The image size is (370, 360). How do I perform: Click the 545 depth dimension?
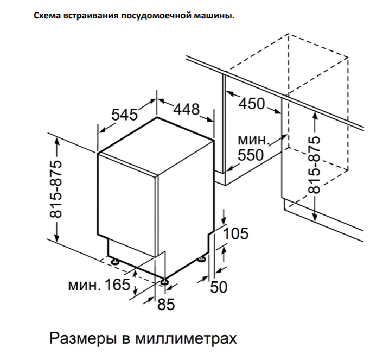pyautogui.click(x=124, y=115)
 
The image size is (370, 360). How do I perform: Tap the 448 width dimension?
pyautogui.click(x=187, y=109)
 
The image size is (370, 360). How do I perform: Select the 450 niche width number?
pyautogui.click(x=252, y=104)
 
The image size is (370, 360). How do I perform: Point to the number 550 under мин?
pyautogui.click(x=250, y=155)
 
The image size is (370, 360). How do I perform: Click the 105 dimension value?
pyautogui.click(x=235, y=233)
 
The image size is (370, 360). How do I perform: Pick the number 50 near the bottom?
pyautogui.click(x=219, y=287)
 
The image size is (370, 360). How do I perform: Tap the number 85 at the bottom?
pyautogui.click(x=166, y=304)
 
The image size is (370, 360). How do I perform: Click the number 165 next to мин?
pyautogui.click(x=117, y=285)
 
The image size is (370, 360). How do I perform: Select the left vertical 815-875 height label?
pyautogui.click(x=56, y=189)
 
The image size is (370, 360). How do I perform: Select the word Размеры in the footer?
pyautogui.click(x=83, y=339)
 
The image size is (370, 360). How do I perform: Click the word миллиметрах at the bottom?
pyautogui.click(x=186, y=338)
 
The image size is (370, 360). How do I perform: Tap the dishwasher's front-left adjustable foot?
pyautogui.click(x=115, y=261)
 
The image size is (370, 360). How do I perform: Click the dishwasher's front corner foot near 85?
pyautogui.click(x=164, y=282)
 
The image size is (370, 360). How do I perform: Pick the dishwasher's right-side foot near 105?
pyautogui.click(x=202, y=259)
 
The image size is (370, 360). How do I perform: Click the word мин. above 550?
pyautogui.click(x=253, y=140)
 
